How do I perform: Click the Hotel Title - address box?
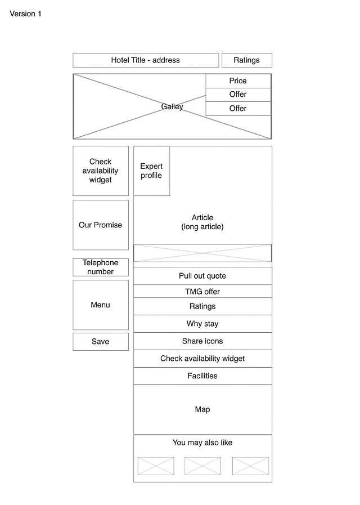coord(145,60)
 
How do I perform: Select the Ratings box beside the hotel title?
coord(246,60)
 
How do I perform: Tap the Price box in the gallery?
coord(238,81)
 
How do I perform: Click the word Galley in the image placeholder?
coord(172,106)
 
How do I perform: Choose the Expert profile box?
coord(151,171)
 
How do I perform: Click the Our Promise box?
coord(100,225)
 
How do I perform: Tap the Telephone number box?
coord(100,267)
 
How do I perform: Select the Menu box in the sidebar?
coord(100,305)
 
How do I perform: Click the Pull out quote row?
coord(202,276)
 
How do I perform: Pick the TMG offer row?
coord(202,292)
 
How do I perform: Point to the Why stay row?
coord(202,324)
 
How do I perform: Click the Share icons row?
coord(202,341)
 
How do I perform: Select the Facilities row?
coord(202,376)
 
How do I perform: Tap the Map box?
coord(202,409)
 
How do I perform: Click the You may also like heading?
coord(202,443)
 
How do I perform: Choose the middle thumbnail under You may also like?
coord(202,466)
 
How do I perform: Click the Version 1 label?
coord(25,14)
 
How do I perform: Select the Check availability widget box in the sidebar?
coord(100,171)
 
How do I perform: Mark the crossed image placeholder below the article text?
coord(202,253)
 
